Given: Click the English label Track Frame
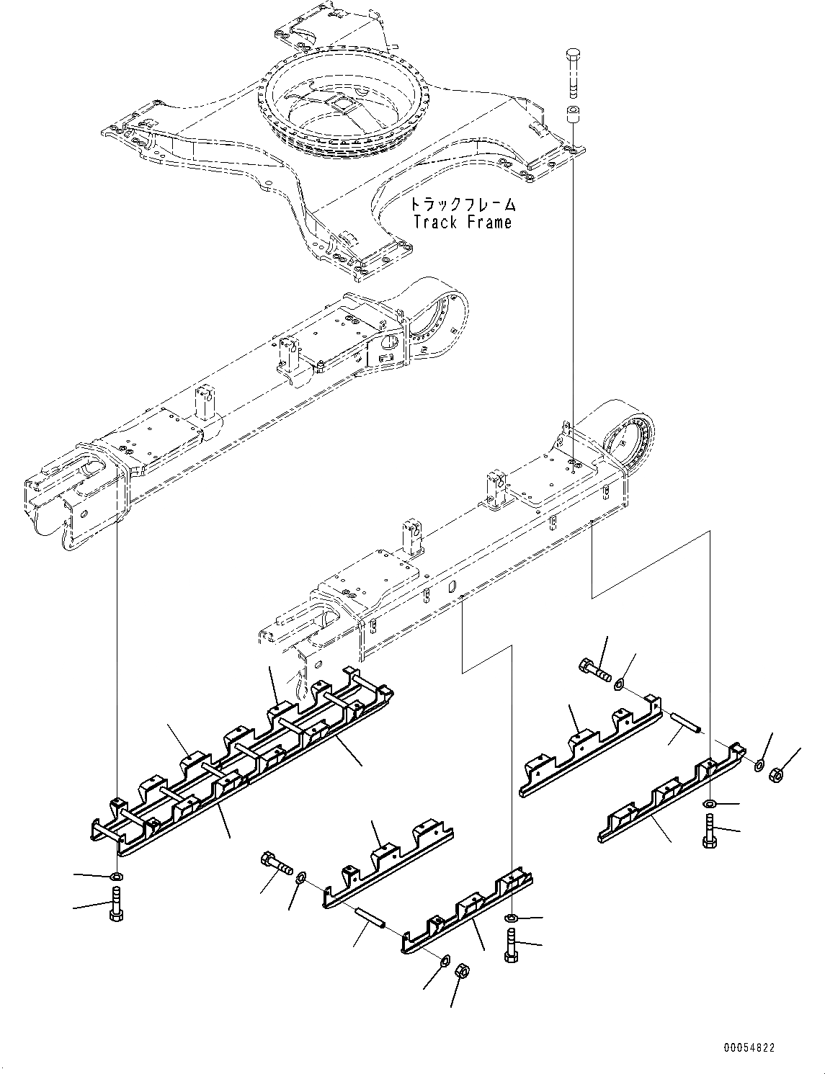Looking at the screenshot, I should click(462, 222).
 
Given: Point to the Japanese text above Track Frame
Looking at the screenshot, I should click(462, 204).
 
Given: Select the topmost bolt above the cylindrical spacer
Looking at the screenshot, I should click(574, 73).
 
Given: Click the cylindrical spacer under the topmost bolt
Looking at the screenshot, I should click(574, 115).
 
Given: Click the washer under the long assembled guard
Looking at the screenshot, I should click(116, 877).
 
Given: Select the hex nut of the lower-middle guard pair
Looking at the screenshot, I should click(461, 972).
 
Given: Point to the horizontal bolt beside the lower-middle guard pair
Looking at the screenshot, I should click(275, 862).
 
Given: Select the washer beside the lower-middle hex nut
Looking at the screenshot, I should click(445, 960).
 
